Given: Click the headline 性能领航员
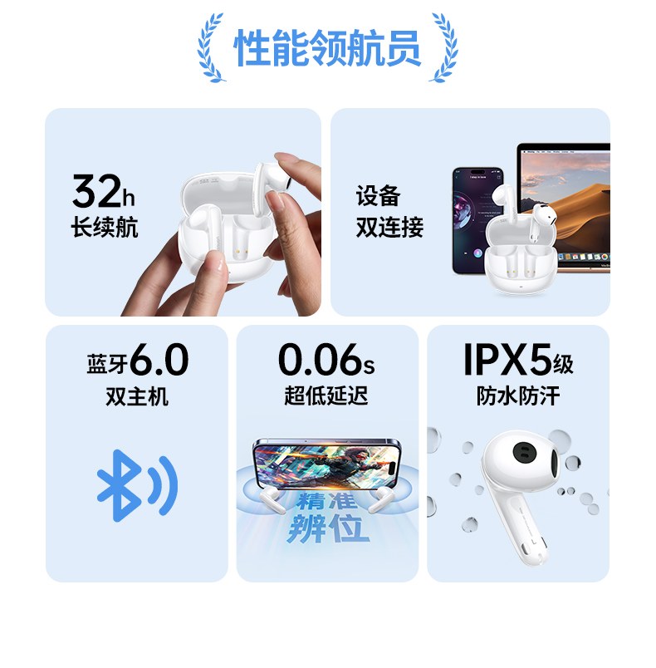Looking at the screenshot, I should (x=327, y=47).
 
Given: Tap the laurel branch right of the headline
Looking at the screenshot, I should (x=445, y=47).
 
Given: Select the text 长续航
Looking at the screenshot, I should (x=105, y=226).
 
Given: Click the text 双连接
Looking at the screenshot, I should (x=389, y=227).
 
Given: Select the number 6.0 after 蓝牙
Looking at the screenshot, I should (x=160, y=360).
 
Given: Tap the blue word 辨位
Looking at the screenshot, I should (x=328, y=528).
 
